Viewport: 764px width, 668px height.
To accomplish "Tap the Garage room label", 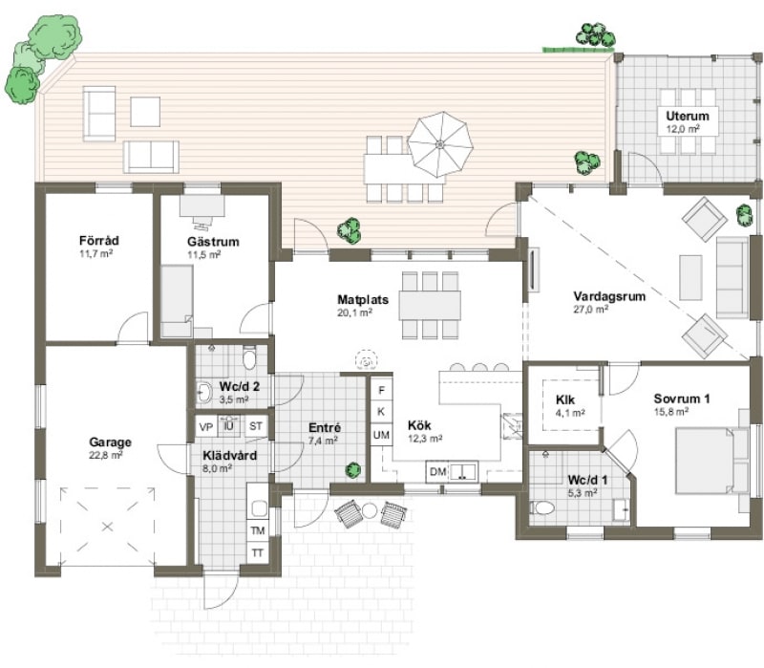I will click(x=111, y=442).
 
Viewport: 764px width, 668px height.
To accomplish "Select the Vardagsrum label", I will click(x=609, y=296).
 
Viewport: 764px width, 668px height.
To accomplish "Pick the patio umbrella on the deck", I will click(x=440, y=144).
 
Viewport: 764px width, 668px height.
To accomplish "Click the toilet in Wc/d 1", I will click(x=544, y=507).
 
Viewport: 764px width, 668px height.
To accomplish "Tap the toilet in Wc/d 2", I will click(x=250, y=359).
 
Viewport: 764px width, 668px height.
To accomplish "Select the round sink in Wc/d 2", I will click(x=203, y=391).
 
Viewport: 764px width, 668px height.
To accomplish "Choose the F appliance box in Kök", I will click(x=381, y=390).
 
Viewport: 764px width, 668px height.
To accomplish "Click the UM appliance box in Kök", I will click(x=381, y=436).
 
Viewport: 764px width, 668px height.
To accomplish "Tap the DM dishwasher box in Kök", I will click(x=437, y=472).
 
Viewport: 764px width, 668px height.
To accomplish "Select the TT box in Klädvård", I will click(x=257, y=553).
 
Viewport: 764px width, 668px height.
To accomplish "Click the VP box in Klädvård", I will click(x=205, y=426).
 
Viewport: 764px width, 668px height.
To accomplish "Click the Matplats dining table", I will click(x=430, y=305).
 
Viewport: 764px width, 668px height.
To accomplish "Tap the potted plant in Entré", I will click(x=353, y=470).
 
